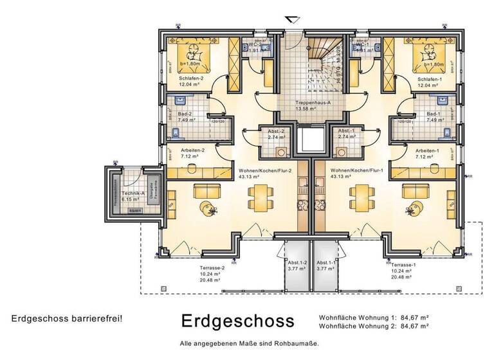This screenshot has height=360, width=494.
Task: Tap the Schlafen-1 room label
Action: [x=412, y=79]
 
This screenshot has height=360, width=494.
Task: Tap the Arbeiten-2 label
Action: [x=193, y=150]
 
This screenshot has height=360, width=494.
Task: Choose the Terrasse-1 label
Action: [x=403, y=265]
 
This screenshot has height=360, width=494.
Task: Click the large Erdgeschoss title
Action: [x=237, y=320]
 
